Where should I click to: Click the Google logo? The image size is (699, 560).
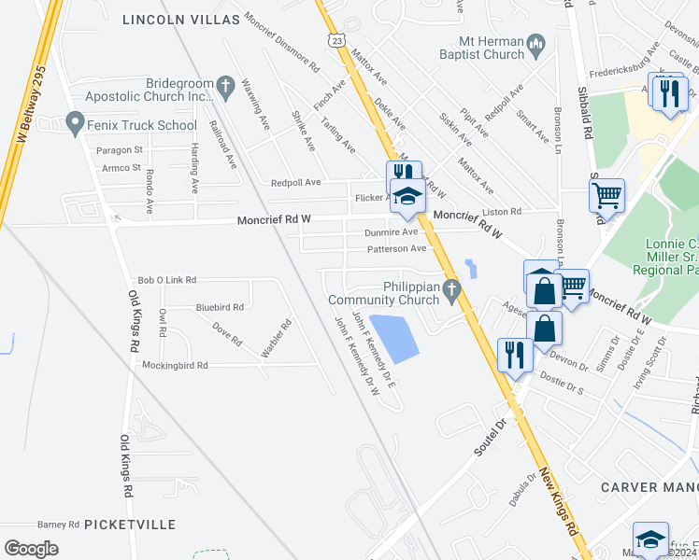click(x=31, y=549)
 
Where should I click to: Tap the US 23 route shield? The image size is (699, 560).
click(x=336, y=38)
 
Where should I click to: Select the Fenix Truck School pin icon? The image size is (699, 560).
click(x=76, y=122)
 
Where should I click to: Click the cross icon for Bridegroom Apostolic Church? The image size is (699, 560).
click(x=224, y=88)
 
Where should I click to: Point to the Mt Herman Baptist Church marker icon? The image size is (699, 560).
click(x=535, y=45)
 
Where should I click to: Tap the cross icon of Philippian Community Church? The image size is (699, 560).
click(x=452, y=292)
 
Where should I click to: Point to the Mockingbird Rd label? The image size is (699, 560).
click(x=175, y=366)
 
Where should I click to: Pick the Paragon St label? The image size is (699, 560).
click(x=119, y=149)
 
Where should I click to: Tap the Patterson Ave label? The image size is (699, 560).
click(x=396, y=248)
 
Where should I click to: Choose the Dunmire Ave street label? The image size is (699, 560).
click(x=391, y=232)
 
